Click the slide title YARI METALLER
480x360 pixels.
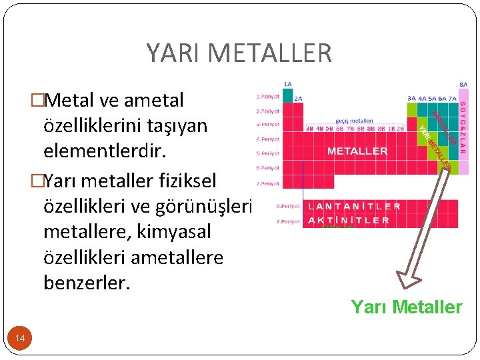pos(239,53)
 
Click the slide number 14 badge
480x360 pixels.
pos(21,339)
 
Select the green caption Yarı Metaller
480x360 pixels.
pos(406,307)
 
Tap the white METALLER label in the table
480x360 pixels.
pos(357,151)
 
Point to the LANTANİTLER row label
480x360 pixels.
pos(354,206)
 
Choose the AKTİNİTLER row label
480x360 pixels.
pos(349,220)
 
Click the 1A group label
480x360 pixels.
pos(287,85)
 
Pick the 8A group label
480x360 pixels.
pos(463,85)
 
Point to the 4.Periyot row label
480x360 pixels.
pos(267,139)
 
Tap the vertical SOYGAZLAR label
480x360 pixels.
pos(463,123)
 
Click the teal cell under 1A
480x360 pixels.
pos(287,95)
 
